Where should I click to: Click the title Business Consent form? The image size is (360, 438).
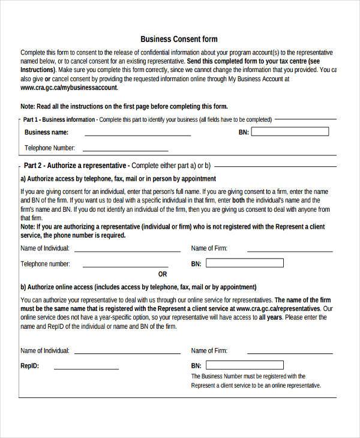coord(179,39)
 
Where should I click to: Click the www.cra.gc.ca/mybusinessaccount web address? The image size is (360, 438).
coord(69,88)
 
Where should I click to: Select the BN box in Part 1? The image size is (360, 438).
coord(290,131)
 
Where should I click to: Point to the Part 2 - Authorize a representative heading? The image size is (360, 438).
coord(76,165)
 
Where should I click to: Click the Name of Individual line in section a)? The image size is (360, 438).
coord(127,250)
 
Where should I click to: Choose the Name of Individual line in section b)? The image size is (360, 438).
coord(127,352)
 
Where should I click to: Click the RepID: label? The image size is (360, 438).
coord(31,365)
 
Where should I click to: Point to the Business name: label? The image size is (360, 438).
coord(46,133)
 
